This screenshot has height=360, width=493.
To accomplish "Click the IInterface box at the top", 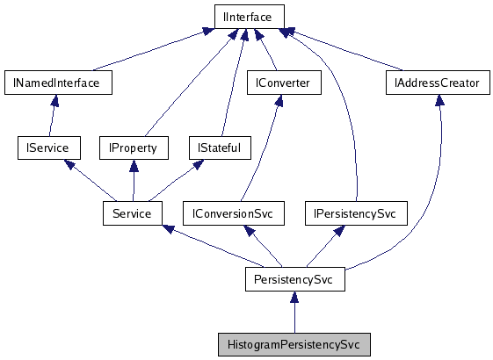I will [x=249, y=17].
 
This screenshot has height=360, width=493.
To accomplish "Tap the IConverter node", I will [x=283, y=83].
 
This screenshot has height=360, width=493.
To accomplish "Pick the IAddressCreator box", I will [x=438, y=83].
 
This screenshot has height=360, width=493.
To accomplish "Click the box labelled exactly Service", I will [x=133, y=212].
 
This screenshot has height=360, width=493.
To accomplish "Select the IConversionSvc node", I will [x=241, y=212].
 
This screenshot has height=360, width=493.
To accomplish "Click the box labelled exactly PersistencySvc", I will [x=294, y=279].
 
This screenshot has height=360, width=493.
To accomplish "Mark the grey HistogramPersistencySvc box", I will [x=294, y=343].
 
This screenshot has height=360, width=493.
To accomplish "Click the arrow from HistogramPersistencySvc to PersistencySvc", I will [x=294, y=313].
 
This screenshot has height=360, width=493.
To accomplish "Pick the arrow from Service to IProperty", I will [x=133, y=180].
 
